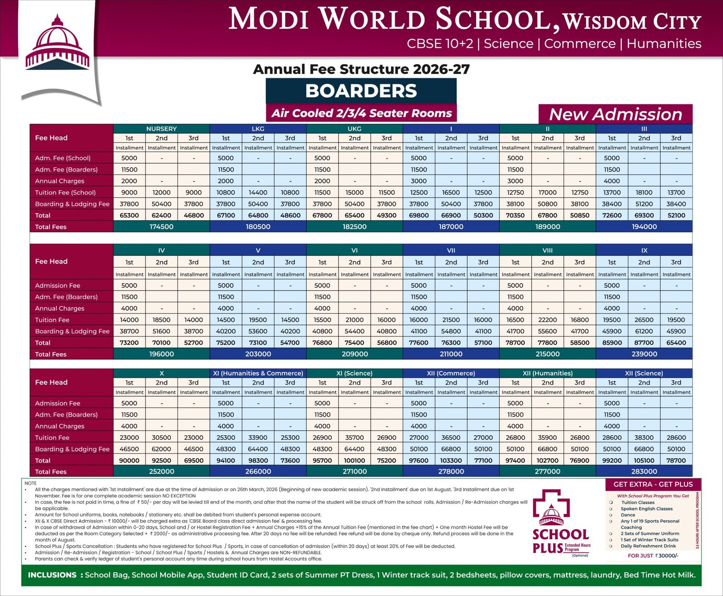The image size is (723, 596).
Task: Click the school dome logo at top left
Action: (57, 45)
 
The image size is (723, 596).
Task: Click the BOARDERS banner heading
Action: (361, 91)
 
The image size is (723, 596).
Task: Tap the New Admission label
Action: (615, 114)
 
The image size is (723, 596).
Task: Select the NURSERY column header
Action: (161, 129)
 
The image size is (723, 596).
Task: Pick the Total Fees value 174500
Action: (161, 227)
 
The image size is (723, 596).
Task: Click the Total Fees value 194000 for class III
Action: (644, 227)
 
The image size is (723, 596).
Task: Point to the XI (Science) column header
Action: (354, 373)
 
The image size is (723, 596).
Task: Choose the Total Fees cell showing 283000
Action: (644, 471)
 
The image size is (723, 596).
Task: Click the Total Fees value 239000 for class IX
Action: (644, 354)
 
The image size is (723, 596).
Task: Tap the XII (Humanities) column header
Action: (547, 373)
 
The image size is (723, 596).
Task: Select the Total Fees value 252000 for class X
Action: (161, 471)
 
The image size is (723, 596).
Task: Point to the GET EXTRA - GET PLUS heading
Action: (653, 484)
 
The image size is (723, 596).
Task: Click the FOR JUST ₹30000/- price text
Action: (653, 556)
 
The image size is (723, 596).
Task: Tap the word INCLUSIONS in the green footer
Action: (52, 575)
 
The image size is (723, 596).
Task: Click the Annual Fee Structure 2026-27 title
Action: (361, 69)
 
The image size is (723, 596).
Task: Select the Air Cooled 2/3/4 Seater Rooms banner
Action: (361, 113)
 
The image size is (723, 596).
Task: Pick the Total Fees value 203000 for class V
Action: (258, 354)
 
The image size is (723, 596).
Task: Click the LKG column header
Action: (258, 129)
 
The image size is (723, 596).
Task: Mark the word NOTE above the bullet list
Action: (31, 483)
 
